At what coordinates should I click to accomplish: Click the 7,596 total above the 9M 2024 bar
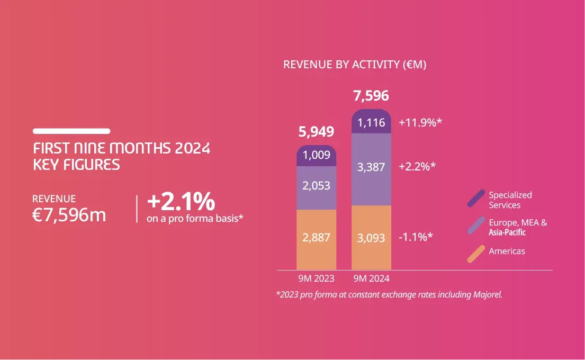[x=371, y=96]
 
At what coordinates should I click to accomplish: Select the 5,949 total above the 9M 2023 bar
[x=316, y=131]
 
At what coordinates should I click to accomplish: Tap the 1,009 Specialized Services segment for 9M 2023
[x=316, y=156]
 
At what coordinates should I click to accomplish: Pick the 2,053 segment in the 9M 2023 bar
[x=316, y=185]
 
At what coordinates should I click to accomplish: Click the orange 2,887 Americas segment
[x=316, y=237]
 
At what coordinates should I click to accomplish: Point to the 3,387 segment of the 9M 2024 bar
[x=371, y=167]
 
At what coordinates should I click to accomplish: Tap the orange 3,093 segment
[x=371, y=237]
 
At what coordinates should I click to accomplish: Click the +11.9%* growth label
[x=420, y=123]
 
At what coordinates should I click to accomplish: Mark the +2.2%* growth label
[x=417, y=166]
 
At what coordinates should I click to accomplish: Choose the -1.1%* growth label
[x=416, y=236]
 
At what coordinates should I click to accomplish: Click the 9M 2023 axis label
[x=316, y=278]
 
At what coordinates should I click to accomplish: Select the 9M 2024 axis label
[x=371, y=278]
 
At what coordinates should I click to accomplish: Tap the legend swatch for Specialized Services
[x=476, y=198]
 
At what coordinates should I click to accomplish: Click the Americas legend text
[x=507, y=251]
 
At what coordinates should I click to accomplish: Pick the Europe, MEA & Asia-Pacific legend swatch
[x=476, y=226]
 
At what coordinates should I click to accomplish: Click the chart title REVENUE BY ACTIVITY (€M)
[x=355, y=65]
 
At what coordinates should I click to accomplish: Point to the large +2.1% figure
[x=181, y=201]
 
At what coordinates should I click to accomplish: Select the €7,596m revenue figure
[x=69, y=215]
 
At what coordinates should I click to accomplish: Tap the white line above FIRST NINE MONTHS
[x=71, y=131]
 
